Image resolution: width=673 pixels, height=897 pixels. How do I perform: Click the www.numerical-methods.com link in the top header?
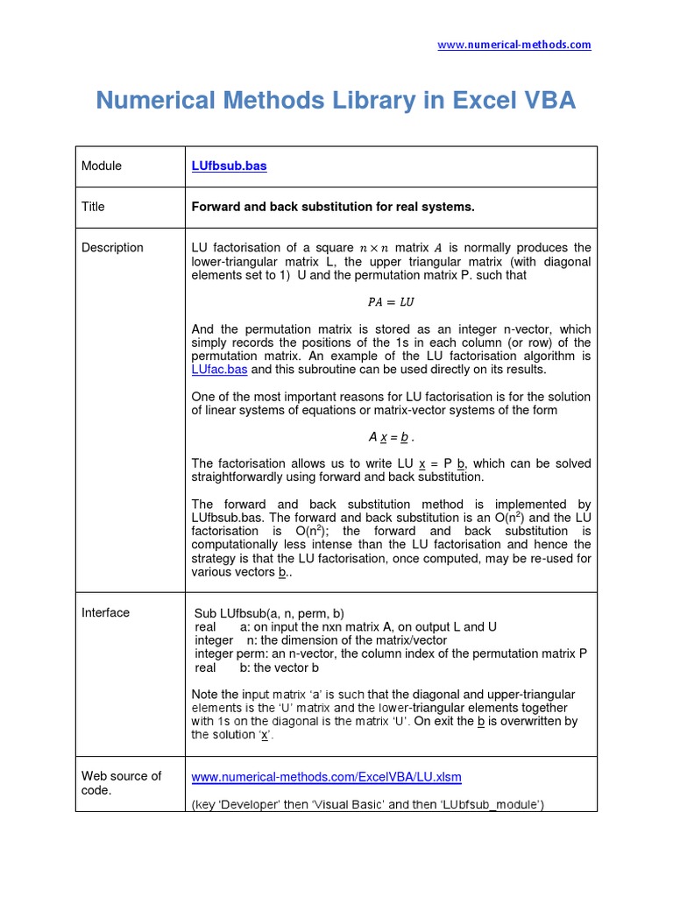coord(514,45)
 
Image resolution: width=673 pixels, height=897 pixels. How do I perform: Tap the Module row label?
coord(102,166)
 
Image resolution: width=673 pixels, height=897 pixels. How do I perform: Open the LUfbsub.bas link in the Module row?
coord(229,166)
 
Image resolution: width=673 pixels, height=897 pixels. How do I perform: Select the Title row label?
coord(93,207)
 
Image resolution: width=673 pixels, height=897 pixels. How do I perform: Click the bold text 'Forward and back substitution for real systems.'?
coord(333,207)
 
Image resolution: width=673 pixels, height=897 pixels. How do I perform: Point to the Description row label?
coord(112,248)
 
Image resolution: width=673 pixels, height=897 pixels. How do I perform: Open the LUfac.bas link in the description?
coord(219,370)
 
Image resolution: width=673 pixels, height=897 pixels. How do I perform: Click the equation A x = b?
coord(391,436)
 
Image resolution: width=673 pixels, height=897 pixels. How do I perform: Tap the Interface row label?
coord(105,613)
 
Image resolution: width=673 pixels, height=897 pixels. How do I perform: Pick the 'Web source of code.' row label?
coord(121,782)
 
